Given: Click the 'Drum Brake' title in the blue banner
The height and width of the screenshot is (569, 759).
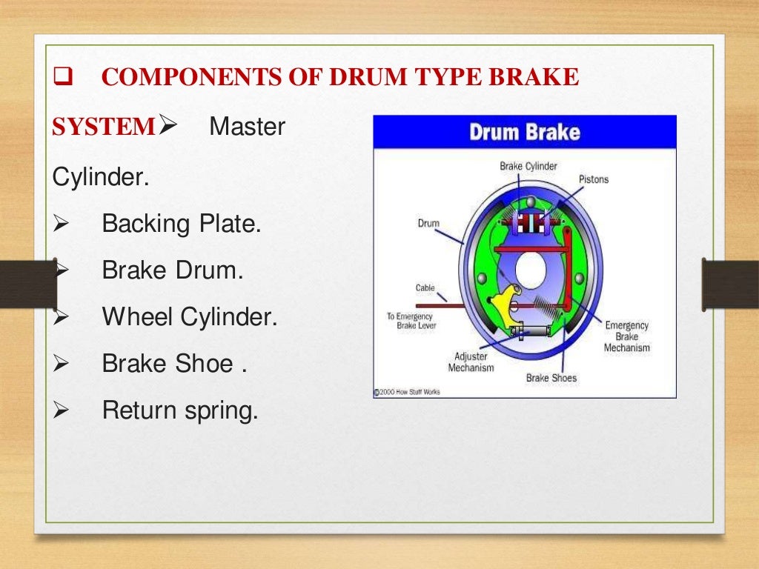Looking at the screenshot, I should click(x=524, y=133).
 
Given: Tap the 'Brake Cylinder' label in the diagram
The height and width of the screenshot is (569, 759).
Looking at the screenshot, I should click(x=528, y=166).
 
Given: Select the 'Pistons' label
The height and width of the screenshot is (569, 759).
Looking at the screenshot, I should click(x=593, y=180).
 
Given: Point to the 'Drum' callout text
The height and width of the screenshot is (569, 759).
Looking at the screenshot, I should click(x=428, y=223).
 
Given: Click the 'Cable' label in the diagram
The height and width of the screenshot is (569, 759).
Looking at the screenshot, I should click(x=425, y=287).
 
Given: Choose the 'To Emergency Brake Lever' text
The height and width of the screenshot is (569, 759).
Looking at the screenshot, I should click(x=411, y=321).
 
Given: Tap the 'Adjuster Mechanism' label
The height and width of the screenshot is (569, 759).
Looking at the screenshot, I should click(x=471, y=362).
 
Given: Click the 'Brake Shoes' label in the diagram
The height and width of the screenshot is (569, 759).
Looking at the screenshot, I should click(x=551, y=378).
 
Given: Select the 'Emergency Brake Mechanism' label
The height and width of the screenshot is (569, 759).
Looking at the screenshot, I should click(x=626, y=336).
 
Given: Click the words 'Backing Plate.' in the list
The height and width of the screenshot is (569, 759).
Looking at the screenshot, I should click(x=182, y=224).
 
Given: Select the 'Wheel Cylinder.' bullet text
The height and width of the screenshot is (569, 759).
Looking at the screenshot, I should click(x=190, y=318).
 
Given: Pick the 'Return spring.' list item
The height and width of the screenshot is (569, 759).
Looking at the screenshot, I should click(x=180, y=410).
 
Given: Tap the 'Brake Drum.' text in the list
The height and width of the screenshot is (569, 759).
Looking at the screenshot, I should click(x=173, y=270).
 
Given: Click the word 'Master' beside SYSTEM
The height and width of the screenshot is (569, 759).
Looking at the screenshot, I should click(x=247, y=127).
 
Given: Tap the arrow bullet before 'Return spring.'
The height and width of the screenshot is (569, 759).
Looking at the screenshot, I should click(x=62, y=410).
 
